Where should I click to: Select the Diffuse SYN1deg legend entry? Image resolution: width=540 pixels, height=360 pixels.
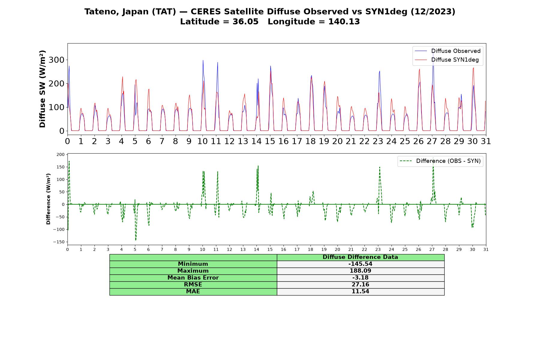pos(447,60)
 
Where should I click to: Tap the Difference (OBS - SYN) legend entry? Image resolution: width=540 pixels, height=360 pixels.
pos(440,161)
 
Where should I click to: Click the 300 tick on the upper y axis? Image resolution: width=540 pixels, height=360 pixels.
pos(56,60)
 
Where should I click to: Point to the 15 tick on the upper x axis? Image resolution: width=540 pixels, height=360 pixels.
pos(270,141)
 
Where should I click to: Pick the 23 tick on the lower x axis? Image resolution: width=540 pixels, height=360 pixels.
pos(378,249)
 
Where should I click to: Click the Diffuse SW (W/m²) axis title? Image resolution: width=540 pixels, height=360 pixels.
pos(43,89)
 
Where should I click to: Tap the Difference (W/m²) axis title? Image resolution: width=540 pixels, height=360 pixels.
pos(48,199)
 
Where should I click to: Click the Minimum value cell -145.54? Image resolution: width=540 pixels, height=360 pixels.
pos(360,264)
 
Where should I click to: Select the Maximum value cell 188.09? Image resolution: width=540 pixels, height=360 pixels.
pos(360,271)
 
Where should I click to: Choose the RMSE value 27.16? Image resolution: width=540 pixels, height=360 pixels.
pos(360,285)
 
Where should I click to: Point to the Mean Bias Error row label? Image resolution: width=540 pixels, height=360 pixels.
pos(193,278)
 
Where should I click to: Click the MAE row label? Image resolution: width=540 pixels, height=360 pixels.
pos(193,292)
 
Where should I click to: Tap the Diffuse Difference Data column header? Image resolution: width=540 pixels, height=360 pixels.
pos(360,257)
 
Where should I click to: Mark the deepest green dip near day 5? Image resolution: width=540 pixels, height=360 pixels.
pos(136,240)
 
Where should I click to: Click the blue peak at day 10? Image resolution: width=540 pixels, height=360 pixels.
pos(203,60)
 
